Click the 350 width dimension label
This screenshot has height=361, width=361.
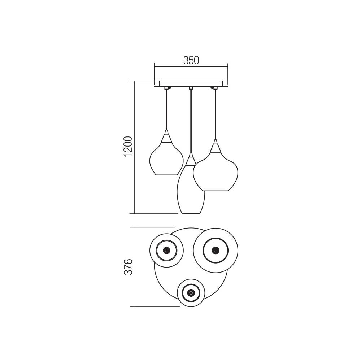(x=191, y=60)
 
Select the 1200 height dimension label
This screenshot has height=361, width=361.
(x=128, y=147)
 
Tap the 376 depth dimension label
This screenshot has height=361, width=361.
(x=128, y=267)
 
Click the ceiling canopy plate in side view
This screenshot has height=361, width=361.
(x=191, y=84)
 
